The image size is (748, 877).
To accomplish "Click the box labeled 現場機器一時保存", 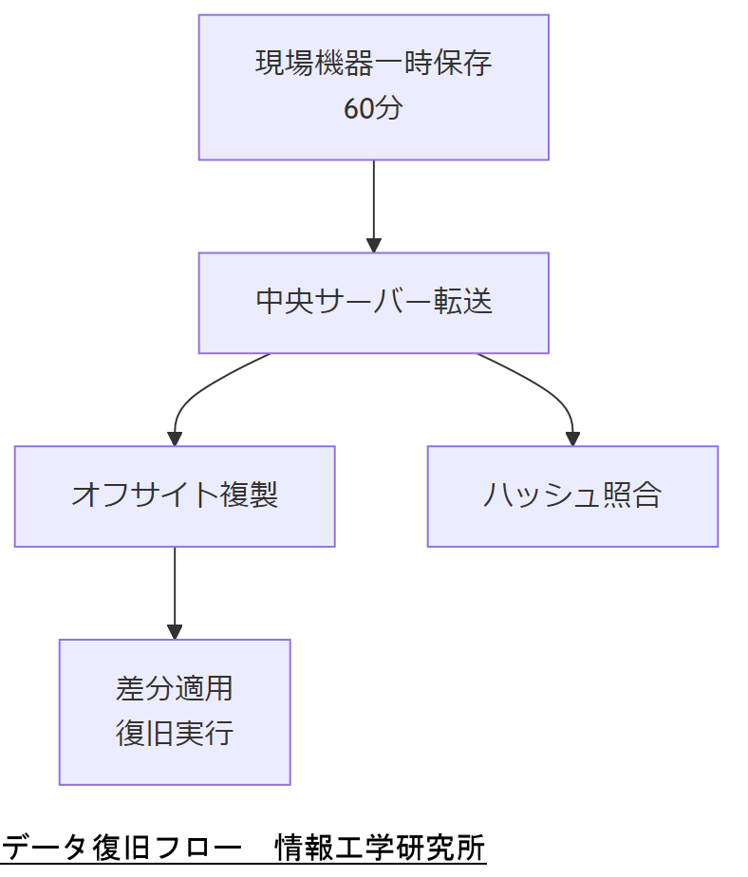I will [x=373, y=86].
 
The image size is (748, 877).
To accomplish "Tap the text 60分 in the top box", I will [x=373, y=109].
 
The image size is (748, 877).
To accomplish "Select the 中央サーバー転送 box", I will [x=373, y=303].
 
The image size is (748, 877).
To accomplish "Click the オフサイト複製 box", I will [x=175, y=495].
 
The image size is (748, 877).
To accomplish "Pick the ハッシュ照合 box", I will [x=572, y=495].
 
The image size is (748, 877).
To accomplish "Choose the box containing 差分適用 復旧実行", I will [x=175, y=711].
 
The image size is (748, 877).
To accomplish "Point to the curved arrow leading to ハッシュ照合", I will [x=541, y=384].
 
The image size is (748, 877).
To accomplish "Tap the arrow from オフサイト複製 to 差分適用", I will [x=175, y=588].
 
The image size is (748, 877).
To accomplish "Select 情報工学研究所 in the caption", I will [x=381, y=847].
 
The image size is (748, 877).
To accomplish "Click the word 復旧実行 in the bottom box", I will [x=175, y=734].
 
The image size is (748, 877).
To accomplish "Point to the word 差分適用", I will [x=175, y=688].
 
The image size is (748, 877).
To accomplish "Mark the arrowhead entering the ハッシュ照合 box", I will [x=572, y=438].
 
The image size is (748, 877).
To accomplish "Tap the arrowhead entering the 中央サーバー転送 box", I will [x=373, y=245].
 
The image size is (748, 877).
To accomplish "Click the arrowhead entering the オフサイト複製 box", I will [x=175, y=438].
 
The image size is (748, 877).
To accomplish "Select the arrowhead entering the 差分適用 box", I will [x=175, y=631].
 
